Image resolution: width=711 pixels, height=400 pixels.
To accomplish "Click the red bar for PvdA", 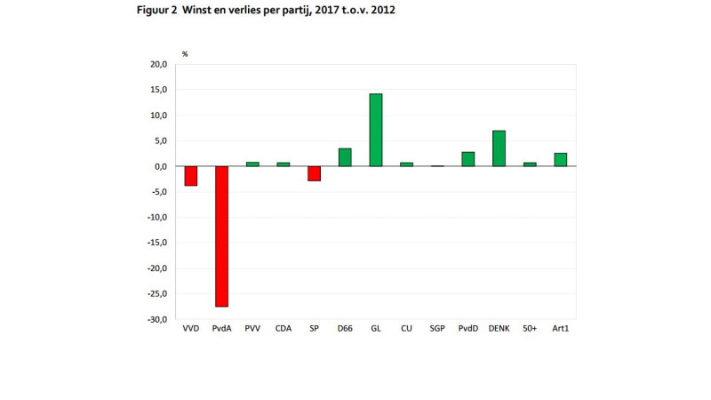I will tap(221, 236).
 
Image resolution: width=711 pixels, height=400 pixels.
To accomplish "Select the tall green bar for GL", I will tap(376, 130).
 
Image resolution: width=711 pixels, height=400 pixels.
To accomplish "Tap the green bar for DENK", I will tap(499, 148).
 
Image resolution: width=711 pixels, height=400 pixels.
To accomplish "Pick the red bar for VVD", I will tap(190, 176).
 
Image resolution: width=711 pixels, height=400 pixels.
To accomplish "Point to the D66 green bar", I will tap(345, 157).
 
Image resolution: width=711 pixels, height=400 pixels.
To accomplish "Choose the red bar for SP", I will tap(314, 173).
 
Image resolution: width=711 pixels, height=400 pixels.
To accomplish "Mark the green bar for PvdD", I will tap(467, 159).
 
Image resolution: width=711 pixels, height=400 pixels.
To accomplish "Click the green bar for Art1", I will tap(560, 160).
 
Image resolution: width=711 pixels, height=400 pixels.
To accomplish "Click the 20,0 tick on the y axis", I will tap(159, 65).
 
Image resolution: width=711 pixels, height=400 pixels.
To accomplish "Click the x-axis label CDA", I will tap(283, 329).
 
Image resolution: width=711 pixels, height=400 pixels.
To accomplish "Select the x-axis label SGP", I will tap(437, 329).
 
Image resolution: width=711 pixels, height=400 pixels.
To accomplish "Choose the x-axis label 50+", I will tap(530, 329).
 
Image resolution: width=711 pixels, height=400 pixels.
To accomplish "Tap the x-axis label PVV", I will tap(252, 329).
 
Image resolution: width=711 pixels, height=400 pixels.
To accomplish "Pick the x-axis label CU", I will tap(406, 329).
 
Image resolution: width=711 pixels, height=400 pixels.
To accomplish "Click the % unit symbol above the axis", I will tap(185, 54).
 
